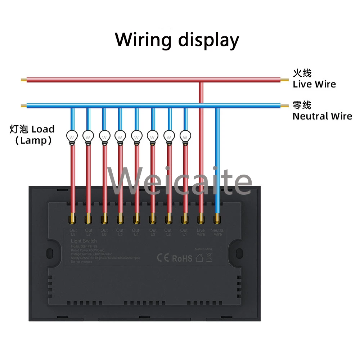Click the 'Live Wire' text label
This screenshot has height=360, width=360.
click(314, 84)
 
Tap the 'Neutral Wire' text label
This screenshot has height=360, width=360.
click(322, 116)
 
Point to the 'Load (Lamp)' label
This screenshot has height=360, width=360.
click(32, 135)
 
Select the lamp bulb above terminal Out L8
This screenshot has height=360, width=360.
click(72, 137)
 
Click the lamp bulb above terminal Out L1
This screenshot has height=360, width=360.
click(185, 136)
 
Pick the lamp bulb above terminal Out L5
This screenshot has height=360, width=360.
click(120, 136)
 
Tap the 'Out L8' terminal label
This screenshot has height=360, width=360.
click(73, 232)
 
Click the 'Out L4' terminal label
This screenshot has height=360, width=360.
click(136, 232)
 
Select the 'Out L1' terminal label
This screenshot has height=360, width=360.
click(184, 232)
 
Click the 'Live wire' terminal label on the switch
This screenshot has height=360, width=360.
click(201, 232)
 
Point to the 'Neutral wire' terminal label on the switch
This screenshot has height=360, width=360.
click(217, 232)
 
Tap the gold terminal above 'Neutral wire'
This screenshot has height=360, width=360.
click(217, 218)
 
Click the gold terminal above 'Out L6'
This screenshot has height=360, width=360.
click(104, 218)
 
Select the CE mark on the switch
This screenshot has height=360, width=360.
click(163, 258)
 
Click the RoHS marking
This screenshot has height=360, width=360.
click(182, 258)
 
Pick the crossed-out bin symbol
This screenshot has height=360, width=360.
click(209, 257)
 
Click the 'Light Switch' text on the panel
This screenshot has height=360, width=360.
click(84, 241)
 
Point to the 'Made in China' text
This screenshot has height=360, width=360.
click(204, 249)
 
